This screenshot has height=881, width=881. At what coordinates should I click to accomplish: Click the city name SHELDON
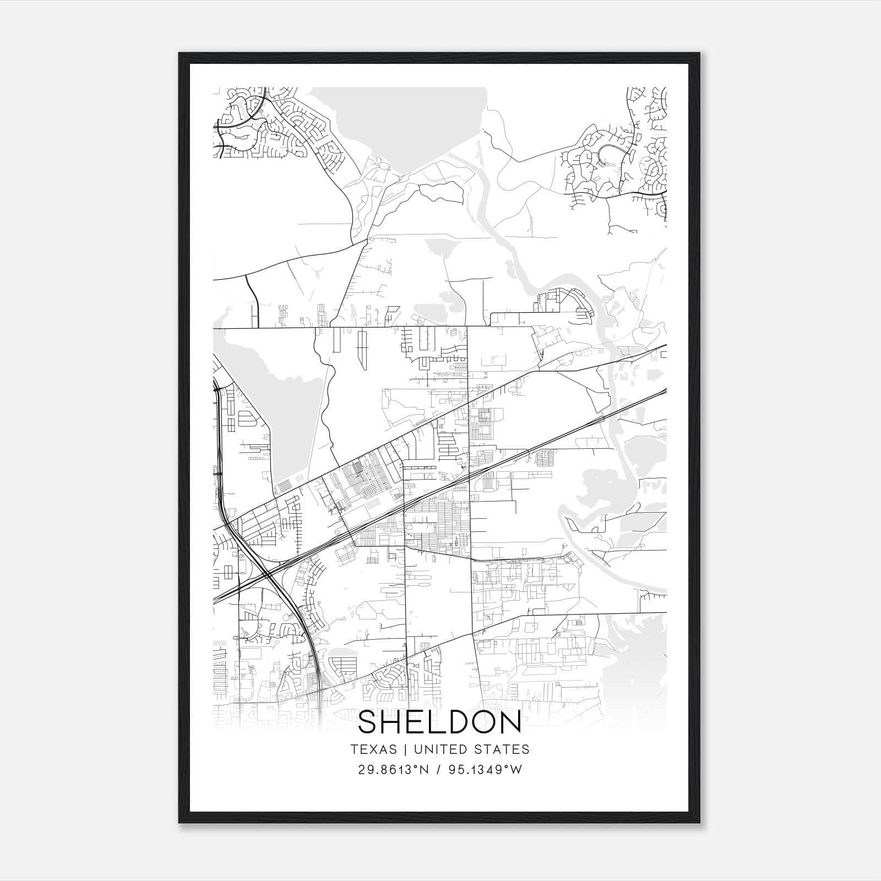(x=439, y=723)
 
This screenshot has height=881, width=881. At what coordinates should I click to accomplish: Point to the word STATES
(x=501, y=749)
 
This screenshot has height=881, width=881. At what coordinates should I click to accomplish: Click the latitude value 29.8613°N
(x=393, y=770)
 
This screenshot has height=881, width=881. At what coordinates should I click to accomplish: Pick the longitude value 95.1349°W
(x=485, y=770)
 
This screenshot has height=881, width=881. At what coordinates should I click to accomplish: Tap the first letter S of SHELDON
(x=369, y=723)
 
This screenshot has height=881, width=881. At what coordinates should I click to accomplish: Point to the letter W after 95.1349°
(x=516, y=770)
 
